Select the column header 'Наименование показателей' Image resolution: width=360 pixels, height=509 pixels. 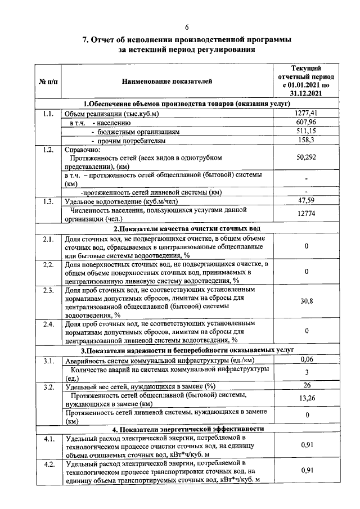coord(168,82)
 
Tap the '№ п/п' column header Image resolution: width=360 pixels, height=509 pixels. coord(48,82)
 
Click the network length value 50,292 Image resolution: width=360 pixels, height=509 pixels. coord(307,157)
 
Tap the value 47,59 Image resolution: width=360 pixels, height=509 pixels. coord(307,201)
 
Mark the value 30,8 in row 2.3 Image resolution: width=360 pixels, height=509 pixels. coord(307,301)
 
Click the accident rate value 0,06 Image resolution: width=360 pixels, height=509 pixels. coord(307,359)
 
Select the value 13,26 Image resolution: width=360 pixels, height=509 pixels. coord(307,398)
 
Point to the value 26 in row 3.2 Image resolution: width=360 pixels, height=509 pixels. coord(307,385)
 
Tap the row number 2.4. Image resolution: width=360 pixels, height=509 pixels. coord(48,324)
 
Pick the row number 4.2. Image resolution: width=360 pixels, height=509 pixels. coord(48,464)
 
